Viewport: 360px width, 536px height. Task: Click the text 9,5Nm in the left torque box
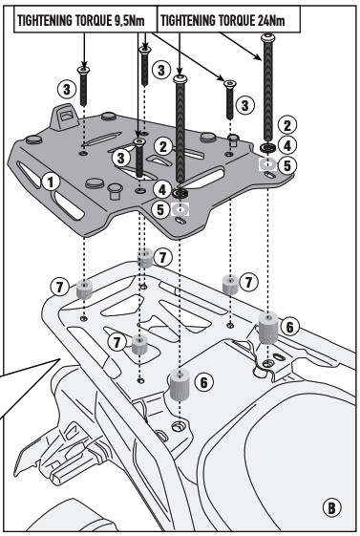click(x=128, y=21)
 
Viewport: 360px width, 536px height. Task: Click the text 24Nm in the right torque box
click(x=271, y=21)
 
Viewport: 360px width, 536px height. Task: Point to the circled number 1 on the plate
click(x=51, y=182)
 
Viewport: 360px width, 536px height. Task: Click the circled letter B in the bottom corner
click(x=331, y=507)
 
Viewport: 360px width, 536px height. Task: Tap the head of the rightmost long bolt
click(x=267, y=36)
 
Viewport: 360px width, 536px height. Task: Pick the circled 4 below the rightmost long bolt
click(x=287, y=146)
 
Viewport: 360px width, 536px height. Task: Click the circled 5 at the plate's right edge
click(x=287, y=165)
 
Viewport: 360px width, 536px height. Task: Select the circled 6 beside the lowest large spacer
click(x=204, y=382)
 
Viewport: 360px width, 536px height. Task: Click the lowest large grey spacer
click(x=180, y=385)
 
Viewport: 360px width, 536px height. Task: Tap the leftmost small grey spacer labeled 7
click(x=84, y=289)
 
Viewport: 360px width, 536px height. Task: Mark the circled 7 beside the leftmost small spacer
click(x=60, y=287)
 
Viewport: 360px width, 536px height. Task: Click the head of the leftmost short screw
click(x=84, y=70)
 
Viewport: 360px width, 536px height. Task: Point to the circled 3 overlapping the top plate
click(x=121, y=158)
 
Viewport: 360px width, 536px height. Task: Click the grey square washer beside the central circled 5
click(x=180, y=208)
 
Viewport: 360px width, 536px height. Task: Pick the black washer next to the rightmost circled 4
click(x=267, y=148)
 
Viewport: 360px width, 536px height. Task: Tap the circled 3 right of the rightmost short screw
click(x=244, y=105)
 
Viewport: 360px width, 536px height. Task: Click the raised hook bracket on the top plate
click(x=65, y=117)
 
